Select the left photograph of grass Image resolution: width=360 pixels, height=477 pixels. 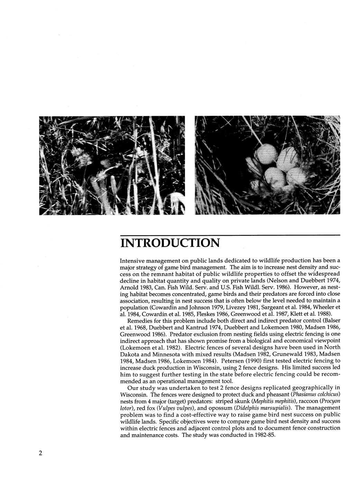coord(112,165)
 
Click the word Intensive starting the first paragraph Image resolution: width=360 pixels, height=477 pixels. coord(133,260)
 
